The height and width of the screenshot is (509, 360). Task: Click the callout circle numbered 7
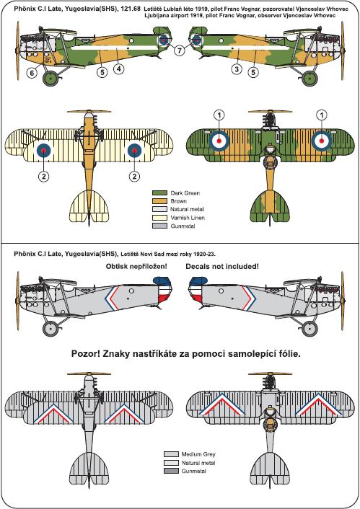point(180,50)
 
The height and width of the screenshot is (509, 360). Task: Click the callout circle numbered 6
point(32,73)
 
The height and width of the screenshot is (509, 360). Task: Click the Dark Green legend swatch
point(159,192)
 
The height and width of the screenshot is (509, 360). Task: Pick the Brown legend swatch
point(159,201)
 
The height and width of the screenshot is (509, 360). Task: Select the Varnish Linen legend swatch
point(159,218)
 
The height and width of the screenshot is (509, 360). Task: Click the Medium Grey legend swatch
point(171,454)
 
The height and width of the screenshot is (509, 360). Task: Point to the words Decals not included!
point(222,267)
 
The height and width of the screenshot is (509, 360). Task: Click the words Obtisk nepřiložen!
point(136,267)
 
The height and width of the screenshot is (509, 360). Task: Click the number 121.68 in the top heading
point(131,9)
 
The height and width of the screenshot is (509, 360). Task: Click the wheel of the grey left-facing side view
point(51,329)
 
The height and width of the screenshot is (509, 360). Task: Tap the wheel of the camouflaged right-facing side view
point(309,79)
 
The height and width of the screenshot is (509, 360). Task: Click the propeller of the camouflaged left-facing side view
point(18,50)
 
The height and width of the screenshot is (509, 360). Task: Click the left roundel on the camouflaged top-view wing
point(219,141)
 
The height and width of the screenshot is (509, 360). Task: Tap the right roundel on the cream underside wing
point(134,150)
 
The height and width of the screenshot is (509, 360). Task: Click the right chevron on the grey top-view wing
point(319,404)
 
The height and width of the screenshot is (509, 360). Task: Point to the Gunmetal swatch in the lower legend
point(171,471)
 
